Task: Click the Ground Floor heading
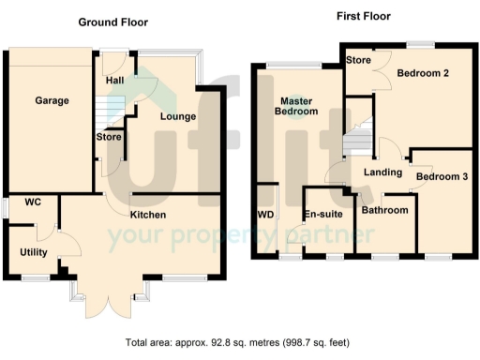click(x=112, y=22)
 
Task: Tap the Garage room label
click(x=52, y=100)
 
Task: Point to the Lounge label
click(x=177, y=116)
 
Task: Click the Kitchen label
click(x=148, y=215)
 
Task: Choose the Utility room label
click(x=35, y=252)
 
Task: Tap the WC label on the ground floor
click(x=33, y=202)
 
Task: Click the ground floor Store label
click(x=108, y=138)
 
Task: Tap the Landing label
click(x=382, y=172)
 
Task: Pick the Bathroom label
click(x=385, y=210)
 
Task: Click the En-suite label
click(x=322, y=215)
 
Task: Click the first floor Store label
click(x=357, y=60)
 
